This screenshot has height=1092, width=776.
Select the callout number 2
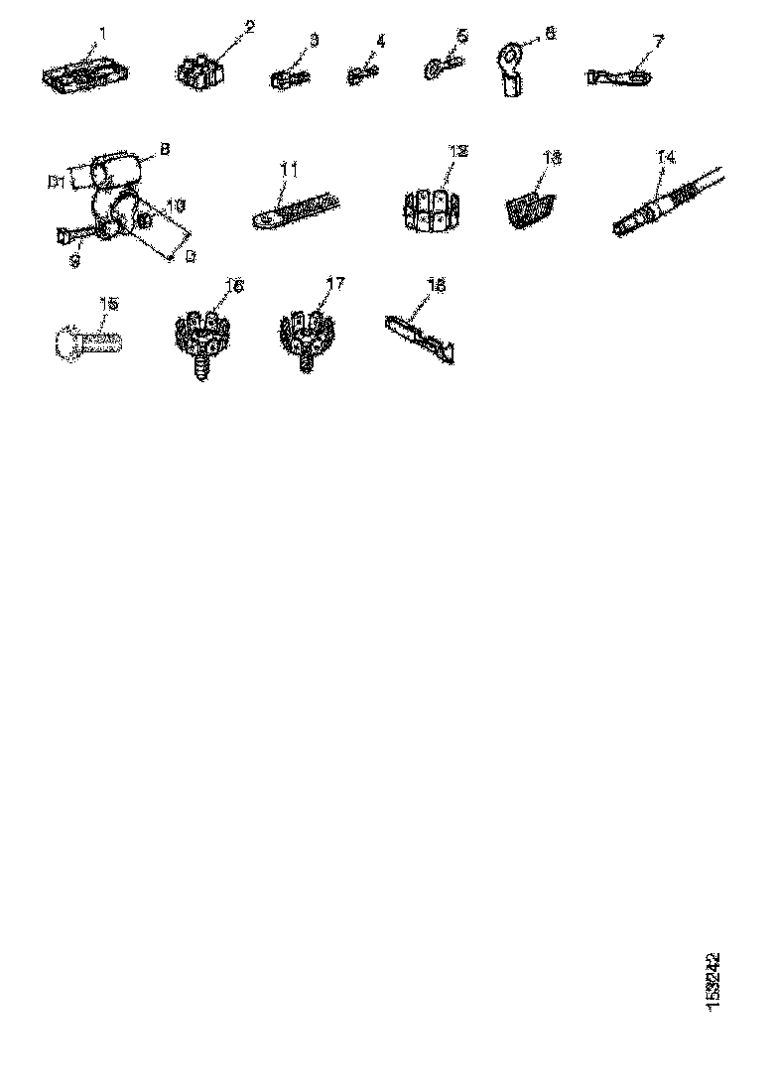pos(249,27)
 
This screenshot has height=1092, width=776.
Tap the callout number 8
pos(165,150)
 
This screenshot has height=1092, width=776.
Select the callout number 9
pos(72,262)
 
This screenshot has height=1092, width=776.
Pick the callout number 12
pos(456,151)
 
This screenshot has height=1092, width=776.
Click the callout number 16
pos(234,285)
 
